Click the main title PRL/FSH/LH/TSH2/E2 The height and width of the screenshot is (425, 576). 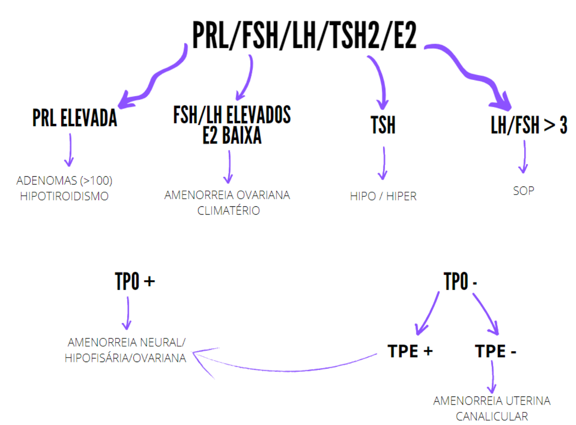304,36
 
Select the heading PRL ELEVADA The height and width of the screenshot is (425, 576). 75,118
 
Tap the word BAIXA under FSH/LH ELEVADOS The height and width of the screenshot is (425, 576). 241,135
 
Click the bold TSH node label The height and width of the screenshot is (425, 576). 383,125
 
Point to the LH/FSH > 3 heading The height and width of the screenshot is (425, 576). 529,125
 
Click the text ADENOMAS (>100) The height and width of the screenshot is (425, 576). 64,181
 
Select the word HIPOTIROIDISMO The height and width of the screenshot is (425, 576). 64,196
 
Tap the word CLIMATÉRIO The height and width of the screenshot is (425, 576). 229,210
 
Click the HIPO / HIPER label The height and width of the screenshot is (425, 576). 383,196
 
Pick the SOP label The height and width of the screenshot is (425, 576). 523,191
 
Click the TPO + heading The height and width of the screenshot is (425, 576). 135,281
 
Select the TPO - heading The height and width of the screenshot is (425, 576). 460,281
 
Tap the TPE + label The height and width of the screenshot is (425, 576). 410,351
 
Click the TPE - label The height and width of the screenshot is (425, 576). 495,351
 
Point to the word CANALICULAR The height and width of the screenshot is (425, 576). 492,416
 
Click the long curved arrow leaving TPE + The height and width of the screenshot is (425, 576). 285,370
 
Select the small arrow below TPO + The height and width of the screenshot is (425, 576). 127,313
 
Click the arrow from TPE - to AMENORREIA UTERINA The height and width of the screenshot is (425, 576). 493,376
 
